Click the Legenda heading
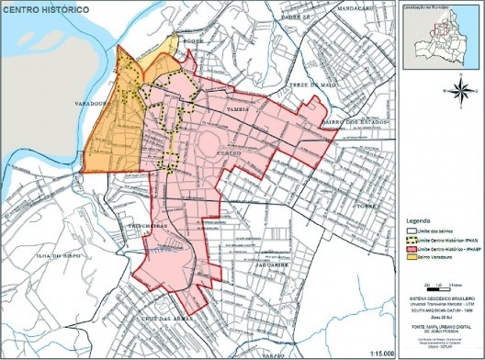tap(419, 221)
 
